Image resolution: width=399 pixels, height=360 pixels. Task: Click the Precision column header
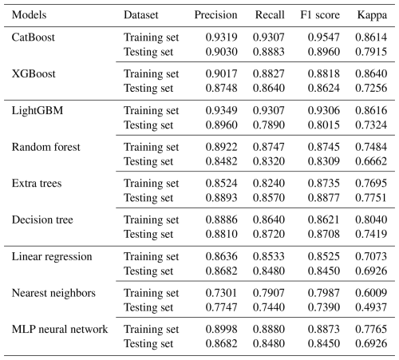point(215,15)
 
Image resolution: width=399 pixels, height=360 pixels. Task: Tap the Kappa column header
point(372,15)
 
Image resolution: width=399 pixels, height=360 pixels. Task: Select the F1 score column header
point(320,15)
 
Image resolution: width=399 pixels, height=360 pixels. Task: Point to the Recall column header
point(270,15)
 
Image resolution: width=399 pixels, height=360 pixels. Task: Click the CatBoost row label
point(34,38)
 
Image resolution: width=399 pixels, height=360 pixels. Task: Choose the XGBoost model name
point(34,73)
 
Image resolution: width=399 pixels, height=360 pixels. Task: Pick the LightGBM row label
point(38,111)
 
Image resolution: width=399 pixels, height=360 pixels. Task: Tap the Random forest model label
point(45,147)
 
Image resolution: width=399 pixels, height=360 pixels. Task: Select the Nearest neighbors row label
point(53,293)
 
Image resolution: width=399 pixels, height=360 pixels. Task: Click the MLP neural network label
point(60,329)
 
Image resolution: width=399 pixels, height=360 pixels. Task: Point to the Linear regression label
point(52,257)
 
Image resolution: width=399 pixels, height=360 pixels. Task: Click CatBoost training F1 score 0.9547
point(324,38)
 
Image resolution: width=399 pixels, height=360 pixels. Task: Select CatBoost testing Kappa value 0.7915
point(371,52)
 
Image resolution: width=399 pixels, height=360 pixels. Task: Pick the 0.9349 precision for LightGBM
point(221,110)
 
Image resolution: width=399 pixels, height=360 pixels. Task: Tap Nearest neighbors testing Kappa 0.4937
point(371,307)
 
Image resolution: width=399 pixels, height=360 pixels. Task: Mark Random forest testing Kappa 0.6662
point(371,161)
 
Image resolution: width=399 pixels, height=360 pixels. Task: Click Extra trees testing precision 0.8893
point(221,198)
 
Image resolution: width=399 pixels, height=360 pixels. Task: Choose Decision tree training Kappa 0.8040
point(371,220)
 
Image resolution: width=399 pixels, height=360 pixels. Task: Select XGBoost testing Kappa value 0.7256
point(371,88)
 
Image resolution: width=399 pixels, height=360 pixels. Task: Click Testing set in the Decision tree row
point(148,235)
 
